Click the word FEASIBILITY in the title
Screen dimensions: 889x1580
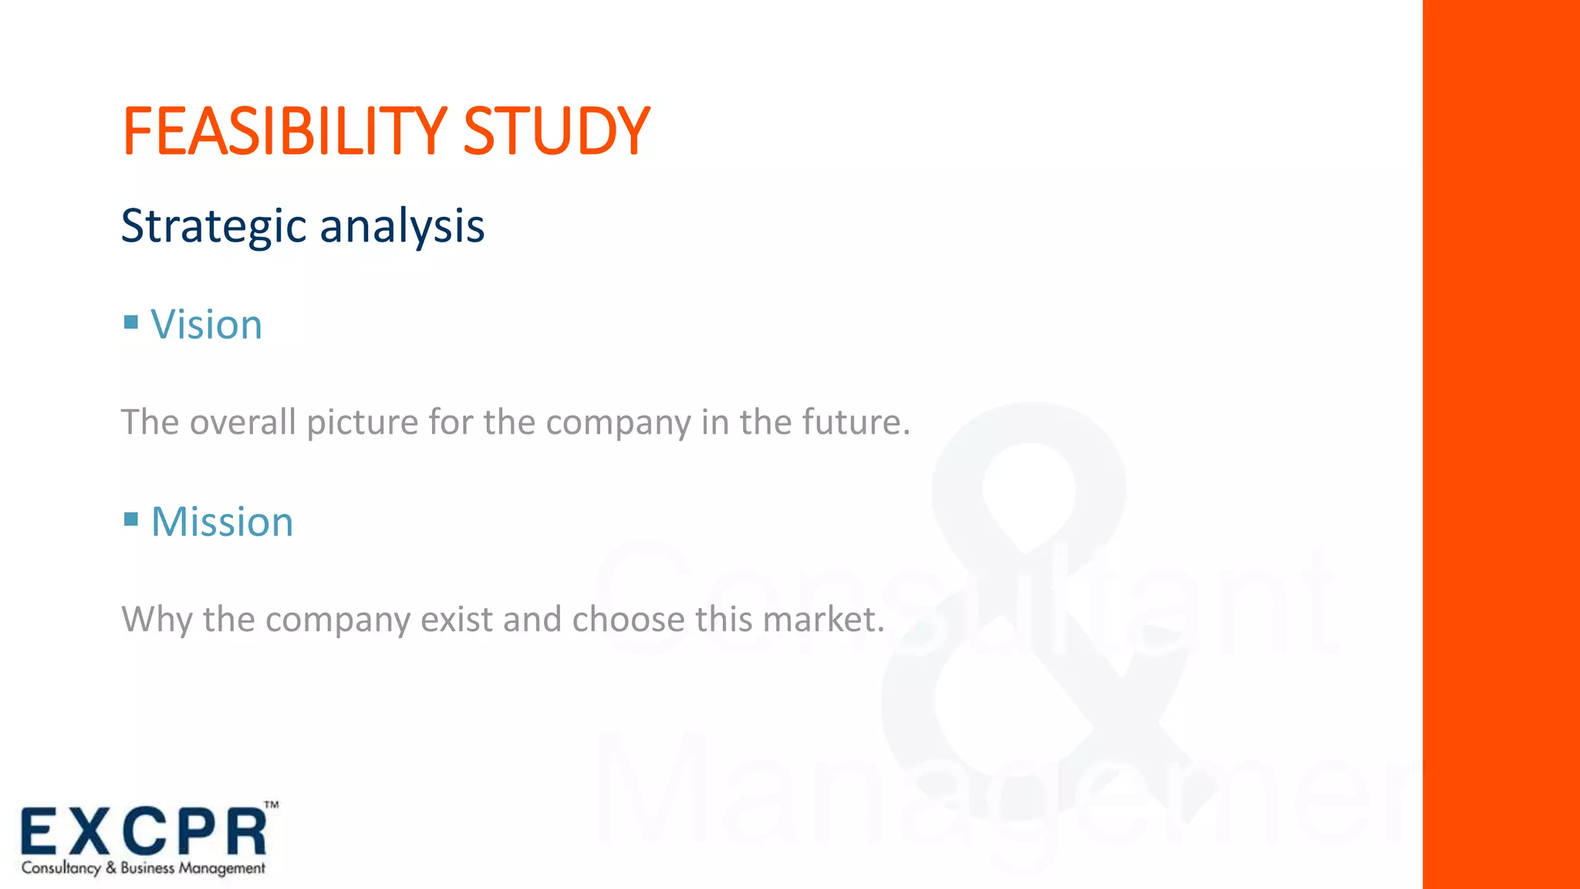click(284, 131)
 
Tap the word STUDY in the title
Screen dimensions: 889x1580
click(556, 131)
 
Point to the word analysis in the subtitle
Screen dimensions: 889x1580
click(402, 227)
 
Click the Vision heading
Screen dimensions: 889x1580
click(206, 324)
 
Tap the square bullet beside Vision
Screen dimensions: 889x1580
click(131, 321)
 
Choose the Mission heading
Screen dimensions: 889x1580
click(222, 522)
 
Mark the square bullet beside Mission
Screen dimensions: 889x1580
click(131, 519)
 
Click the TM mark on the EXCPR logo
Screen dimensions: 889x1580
click(272, 805)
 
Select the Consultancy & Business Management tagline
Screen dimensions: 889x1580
click(143, 868)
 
